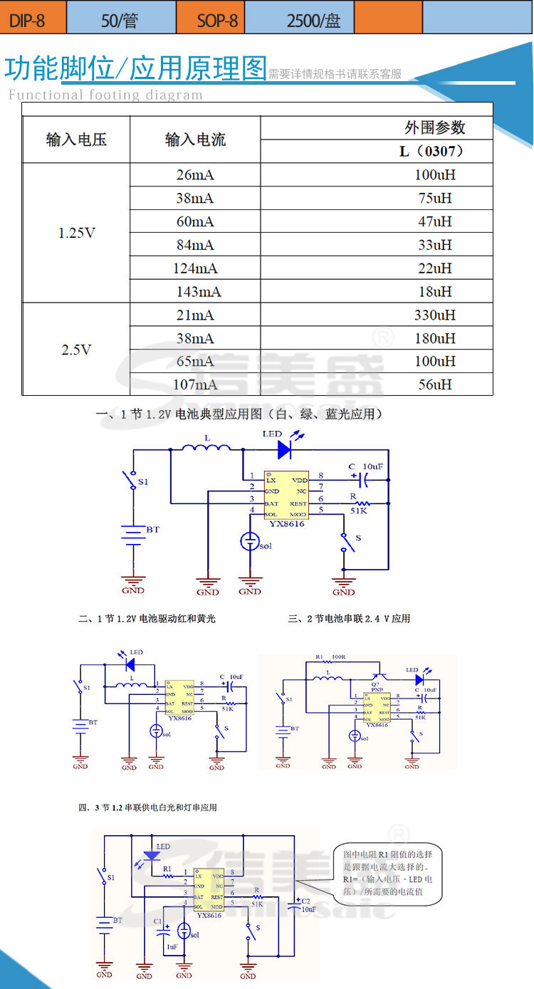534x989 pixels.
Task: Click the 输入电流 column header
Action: coord(195,140)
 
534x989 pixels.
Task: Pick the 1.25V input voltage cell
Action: coord(76,233)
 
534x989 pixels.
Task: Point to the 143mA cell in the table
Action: coord(195,291)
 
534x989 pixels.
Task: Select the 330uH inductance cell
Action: coord(434,315)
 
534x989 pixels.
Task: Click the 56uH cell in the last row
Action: coord(434,384)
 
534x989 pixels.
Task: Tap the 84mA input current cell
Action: coord(195,245)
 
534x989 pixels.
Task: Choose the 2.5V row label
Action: coord(76,350)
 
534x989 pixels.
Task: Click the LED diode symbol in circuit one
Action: coord(284,449)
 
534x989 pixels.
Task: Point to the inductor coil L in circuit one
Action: coord(207,448)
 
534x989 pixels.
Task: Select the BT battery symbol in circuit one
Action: coord(133,533)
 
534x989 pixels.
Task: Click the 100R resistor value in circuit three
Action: coord(338,656)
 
